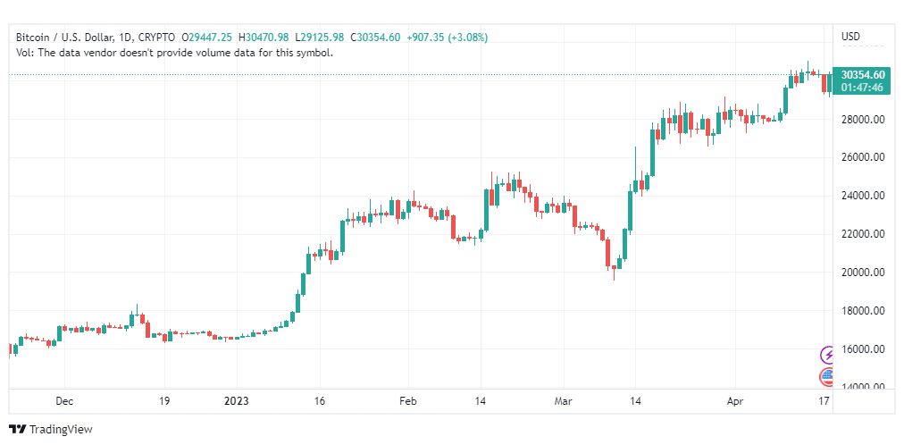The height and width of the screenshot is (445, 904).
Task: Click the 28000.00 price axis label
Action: (863, 119)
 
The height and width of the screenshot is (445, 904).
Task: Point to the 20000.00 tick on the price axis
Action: (863, 272)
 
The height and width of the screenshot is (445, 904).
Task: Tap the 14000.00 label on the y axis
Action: (863, 386)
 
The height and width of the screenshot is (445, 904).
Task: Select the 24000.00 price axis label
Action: (863, 196)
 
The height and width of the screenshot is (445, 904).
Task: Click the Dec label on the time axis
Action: (63, 401)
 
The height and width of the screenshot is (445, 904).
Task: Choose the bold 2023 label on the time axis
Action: (237, 401)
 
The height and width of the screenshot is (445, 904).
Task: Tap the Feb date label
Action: (408, 401)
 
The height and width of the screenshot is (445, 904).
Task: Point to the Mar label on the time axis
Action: (563, 401)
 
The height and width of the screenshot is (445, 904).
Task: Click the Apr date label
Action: (734, 401)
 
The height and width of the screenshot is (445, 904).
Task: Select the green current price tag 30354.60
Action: (863, 75)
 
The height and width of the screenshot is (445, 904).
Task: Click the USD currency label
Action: (850, 37)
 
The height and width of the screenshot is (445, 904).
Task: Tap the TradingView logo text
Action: (60, 430)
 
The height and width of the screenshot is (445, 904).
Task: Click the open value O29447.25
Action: (207, 37)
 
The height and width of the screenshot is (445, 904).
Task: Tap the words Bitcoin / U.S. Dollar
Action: (59, 37)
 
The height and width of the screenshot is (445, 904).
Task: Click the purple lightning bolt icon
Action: (828, 355)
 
